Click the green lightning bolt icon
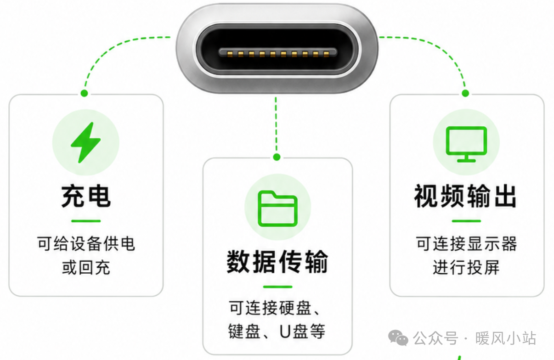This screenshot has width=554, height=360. pos(85,143)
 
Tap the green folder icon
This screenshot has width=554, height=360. pos(277,208)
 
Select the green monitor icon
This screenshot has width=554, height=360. pos(466,144)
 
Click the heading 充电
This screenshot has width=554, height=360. pos(86,196)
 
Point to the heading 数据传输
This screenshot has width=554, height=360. pos(277,262)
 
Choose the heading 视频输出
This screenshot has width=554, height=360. pos(466,196)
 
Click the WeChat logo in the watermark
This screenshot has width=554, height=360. pos(398,338)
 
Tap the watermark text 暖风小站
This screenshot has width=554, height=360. pos(505,338)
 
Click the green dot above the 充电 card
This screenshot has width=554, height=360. pos(85,93)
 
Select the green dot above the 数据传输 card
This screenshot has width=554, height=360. pos(277,157)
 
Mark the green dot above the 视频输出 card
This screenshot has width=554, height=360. pos(465,93)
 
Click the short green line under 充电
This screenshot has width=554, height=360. pos(86,221)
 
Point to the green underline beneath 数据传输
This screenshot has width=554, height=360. pos(278,287)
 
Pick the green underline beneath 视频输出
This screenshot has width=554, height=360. pos(466,221)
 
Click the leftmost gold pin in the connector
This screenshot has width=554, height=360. pos(230,54)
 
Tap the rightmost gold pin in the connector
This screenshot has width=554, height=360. pos(327,54)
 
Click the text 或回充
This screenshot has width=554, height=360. pos(86,268)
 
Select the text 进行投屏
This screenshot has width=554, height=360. pos(466,268)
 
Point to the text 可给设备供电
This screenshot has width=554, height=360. pos(86,243)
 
